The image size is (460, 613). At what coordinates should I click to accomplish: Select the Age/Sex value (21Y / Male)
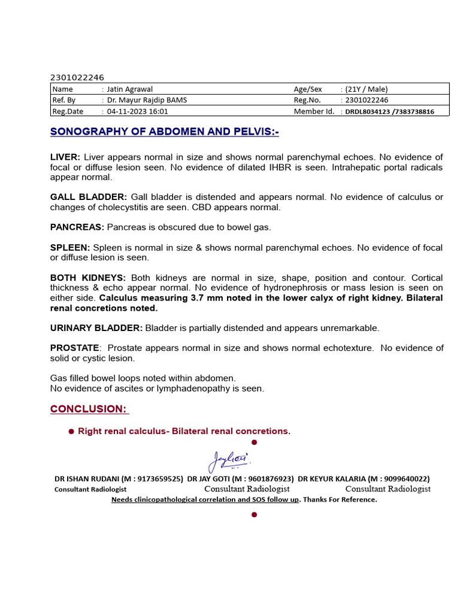click(367, 89)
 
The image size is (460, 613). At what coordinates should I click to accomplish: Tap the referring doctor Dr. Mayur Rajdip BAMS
click(147, 100)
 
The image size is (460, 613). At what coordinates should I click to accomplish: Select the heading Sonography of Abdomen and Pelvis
click(165, 132)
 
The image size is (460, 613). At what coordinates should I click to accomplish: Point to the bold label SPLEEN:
click(70, 248)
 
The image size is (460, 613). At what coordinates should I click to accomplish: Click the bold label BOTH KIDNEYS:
click(88, 278)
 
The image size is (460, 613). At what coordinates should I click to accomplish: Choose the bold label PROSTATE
click(75, 348)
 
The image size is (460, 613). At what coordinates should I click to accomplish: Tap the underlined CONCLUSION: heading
click(89, 409)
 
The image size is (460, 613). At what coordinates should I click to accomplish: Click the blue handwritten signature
click(229, 460)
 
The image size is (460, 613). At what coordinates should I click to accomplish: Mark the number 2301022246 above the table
click(77, 77)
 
